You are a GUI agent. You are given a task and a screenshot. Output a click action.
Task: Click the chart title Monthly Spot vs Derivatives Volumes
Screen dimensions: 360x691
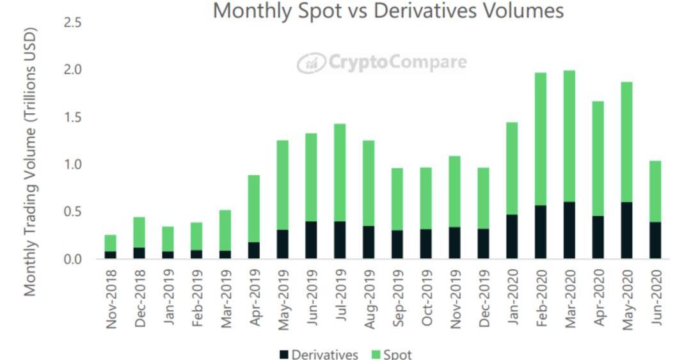pyautogui.click(x=388, y=11)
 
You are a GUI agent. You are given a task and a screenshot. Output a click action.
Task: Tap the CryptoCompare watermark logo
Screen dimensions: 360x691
pyautogui.click(x=381, y=63)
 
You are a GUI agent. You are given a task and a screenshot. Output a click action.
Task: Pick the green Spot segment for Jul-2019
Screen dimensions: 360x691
pyautogui.click(x=339, y=173)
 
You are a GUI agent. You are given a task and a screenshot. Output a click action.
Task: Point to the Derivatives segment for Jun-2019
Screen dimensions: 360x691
pyautogui.click(x=310, y=240)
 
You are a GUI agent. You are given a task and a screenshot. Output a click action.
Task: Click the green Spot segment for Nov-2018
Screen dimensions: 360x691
pyautogui.click(x=111, y=243)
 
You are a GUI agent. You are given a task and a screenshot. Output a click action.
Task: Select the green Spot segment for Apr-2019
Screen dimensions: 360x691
pyautogui.click(x=253, y=208)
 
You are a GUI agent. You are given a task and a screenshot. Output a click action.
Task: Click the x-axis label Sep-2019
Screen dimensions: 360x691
pyautogui.click(x=397, y=301)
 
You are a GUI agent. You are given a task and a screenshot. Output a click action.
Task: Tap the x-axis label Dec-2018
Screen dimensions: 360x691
pyautogui.click(x=139, y=301)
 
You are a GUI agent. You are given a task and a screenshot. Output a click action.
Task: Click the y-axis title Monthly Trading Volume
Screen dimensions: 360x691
pyautogui.click(x=31, y=161)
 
